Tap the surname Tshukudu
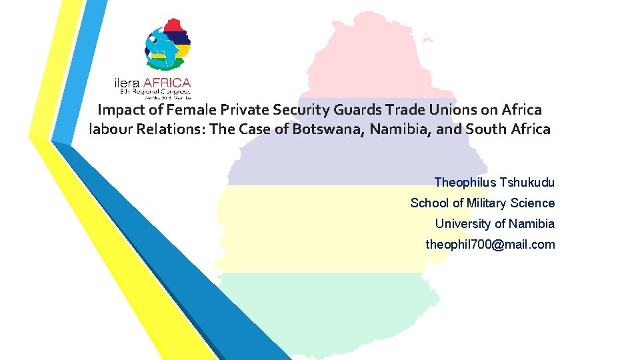click(526, 182)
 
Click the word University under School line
click(461, 223)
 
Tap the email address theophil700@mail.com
click(490, 244)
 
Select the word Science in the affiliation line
click(533, 203)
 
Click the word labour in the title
click(111, 129)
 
